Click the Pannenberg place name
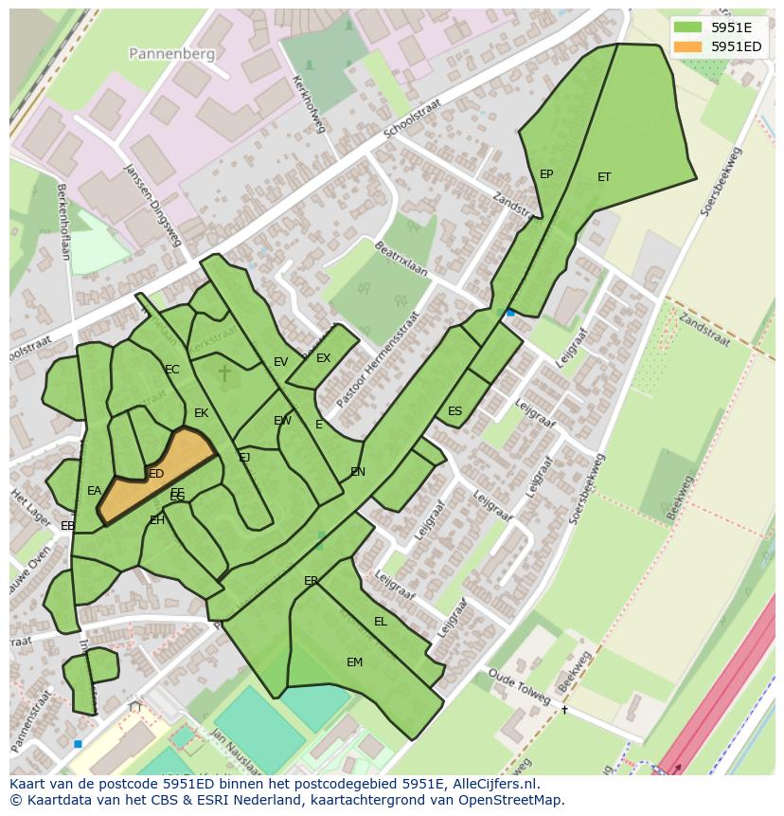172,54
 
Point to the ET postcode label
604,177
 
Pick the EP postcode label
546,174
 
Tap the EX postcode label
323,358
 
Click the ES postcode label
454,411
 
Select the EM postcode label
354,662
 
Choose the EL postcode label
381,622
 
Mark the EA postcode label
94,491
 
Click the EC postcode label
171,370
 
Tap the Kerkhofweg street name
310,103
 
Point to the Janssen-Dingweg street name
152,205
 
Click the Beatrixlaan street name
401,258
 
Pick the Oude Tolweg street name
520,687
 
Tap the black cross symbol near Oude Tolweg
564,709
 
